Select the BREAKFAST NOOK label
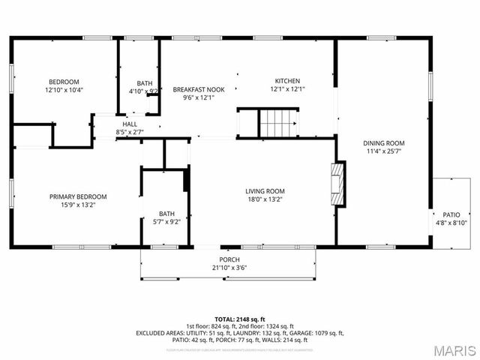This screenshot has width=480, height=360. (x=194, y=89)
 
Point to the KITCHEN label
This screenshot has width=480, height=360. (x=287, y=81)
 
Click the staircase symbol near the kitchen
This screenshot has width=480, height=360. (x=279, y=122)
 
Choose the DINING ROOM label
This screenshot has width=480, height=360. (x=384, y=143)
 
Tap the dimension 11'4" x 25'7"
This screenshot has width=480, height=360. (x=384, y=151)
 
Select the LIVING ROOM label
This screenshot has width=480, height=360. (x=265, y=191)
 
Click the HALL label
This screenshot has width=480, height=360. (x=130, y=124)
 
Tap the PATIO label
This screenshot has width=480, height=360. (x=451, y=214)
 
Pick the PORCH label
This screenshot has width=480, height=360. (x=229, y=260)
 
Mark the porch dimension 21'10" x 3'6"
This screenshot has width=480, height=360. (x=229, y=268)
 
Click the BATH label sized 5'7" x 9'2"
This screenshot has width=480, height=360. (x=166, y=214)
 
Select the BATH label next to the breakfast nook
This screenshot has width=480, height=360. (x=144, y=83)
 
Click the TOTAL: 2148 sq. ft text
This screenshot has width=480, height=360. (x=239, y=319)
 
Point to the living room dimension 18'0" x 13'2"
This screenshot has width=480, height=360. (x=265, y=199)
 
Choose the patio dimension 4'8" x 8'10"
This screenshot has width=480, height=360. (x=451, y=222)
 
